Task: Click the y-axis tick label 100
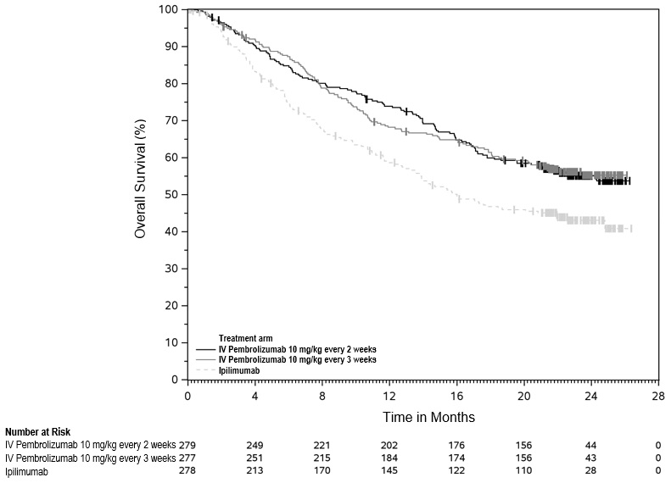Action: [x=169, y=9]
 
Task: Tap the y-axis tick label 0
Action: [x=175, y=380]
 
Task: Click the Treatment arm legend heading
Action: [x=247, y=338]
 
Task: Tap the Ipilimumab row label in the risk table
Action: [x=26, y=472]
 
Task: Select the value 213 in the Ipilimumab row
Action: [x=255, y=472]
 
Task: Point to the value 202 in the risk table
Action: [x=389, y=445]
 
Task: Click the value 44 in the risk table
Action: [x=590, y=445]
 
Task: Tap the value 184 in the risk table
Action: [x=389, y=458]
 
